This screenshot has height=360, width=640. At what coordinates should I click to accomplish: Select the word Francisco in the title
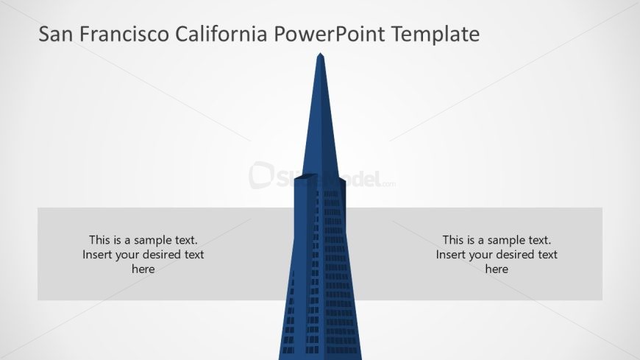coord(124,34)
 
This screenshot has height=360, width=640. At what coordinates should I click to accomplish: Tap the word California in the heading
coord(221,34)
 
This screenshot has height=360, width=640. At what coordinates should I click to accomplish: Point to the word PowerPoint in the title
coord(330,34)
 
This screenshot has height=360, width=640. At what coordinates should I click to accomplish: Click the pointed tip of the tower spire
coord(321,54)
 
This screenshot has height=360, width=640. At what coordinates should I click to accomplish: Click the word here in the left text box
coord(143,269)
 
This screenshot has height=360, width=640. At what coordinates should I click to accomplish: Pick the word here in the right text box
coord(497,269)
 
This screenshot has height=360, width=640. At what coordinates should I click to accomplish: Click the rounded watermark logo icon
coord(261,175)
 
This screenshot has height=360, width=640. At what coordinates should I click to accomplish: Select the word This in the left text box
coord(99,240)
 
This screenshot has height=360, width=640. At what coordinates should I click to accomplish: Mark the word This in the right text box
coord(453,240)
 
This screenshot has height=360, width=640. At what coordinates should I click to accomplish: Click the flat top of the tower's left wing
coord(306,177)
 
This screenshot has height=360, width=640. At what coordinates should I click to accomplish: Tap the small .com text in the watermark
coord(388,184)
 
